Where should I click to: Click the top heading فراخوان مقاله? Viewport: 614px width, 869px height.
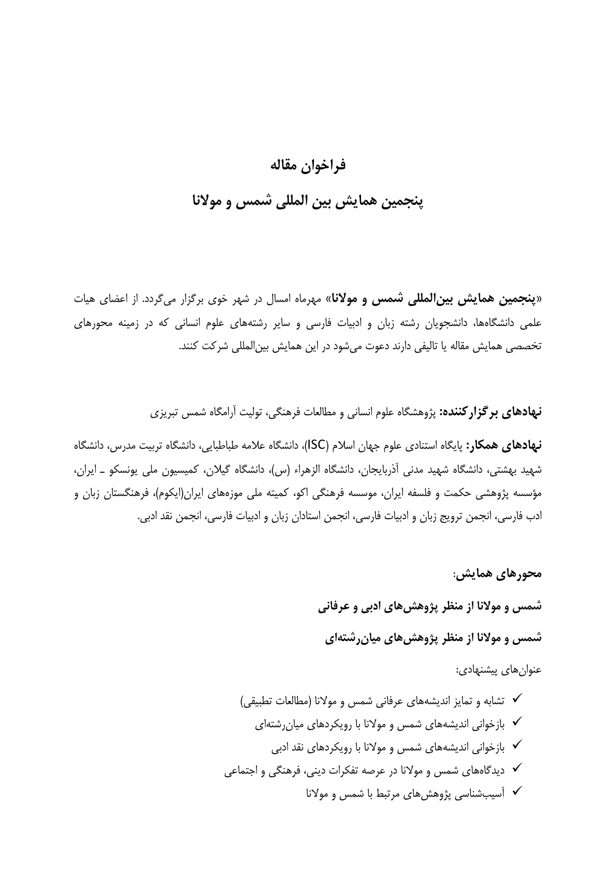[x=307, y=165]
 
